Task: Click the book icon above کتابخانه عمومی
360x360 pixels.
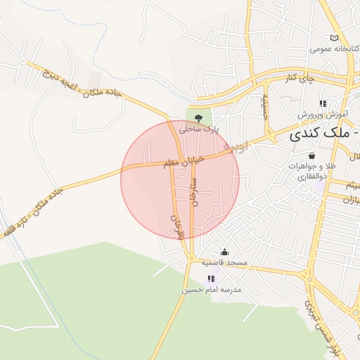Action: [334, 38]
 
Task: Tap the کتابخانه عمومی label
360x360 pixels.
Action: [334, 50]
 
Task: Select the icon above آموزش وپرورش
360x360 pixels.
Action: [323, 103]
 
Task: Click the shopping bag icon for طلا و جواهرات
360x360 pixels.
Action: [311, 155]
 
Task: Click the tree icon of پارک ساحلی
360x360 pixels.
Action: [199, 117]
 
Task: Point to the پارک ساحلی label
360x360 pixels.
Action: [199, 129]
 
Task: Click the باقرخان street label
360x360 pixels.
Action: [173, 226]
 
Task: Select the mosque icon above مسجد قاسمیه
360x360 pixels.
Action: [224, 252]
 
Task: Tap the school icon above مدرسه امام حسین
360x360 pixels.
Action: [211, 278]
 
